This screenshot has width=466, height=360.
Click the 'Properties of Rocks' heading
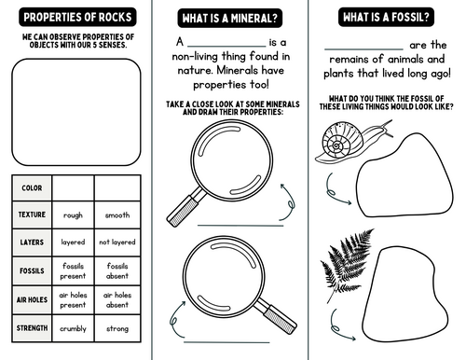coord(77,17)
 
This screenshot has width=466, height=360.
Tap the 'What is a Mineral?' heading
coord(230,19)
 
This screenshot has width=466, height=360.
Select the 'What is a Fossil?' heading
coord(386,17)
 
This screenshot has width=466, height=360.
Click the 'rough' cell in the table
coord(73,215)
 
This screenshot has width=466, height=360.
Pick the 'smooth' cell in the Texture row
coord(117,215)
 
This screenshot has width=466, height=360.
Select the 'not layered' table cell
coord(117,242)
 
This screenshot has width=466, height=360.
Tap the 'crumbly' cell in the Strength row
coord(73,328)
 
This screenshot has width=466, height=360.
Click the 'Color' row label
coord(32,188)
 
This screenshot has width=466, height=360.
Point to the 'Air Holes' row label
coord(32,299)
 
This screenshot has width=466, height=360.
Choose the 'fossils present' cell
coord(73,270)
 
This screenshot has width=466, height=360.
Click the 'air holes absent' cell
coord(117,299)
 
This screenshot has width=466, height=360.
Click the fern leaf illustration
coord(348,264)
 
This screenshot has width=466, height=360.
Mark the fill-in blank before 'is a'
coord(226,47)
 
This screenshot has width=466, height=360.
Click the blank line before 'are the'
coord(363,49)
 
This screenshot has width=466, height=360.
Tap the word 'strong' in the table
coord(117,328)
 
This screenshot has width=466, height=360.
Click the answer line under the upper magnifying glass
coord(240,226)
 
